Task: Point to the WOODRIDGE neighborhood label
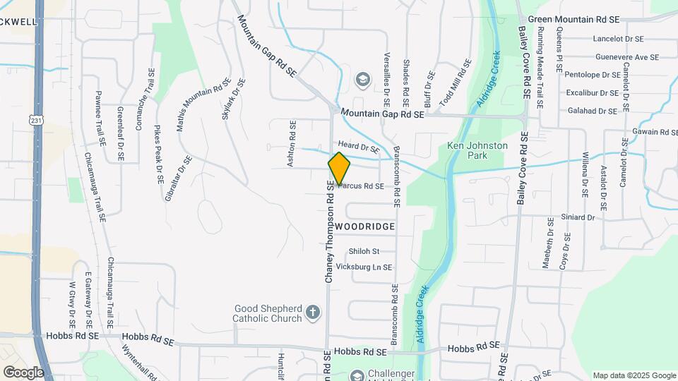[x=364, y=226]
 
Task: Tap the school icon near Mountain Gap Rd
[x=362, y=79]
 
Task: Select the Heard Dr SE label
[x=359, y=146]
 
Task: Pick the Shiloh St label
[x=364, y=251]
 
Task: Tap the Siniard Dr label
[x=578, y=218]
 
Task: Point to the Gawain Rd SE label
[x=645, y=132]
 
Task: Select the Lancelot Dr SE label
[x=618, y=40]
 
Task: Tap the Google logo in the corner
[x=24, y=371]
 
